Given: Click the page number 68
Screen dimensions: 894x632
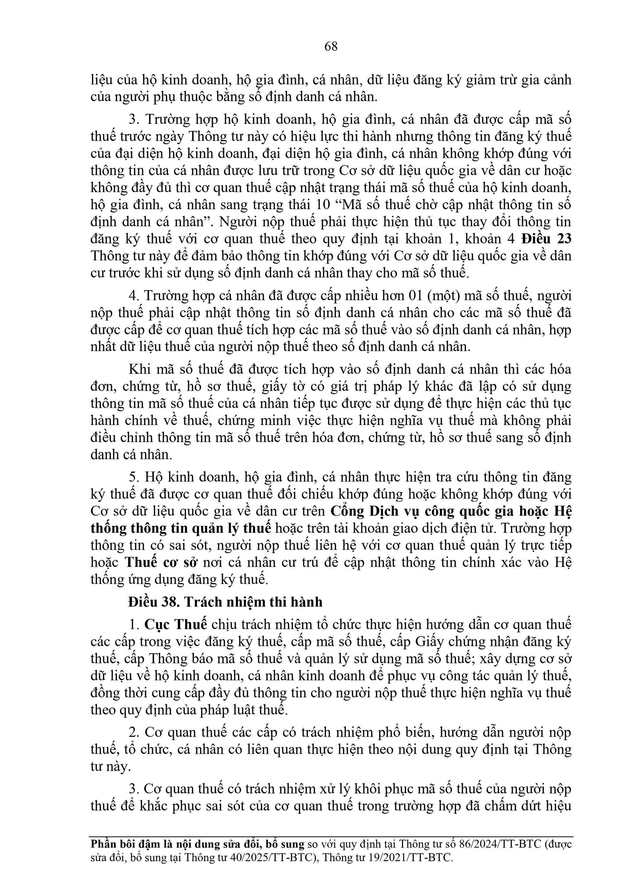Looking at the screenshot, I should pyautogui.click(x=331, y=47).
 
